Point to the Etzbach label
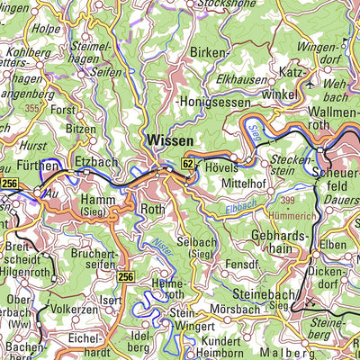click(96, 161)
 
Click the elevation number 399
click(286, 199)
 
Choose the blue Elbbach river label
click(240, 207)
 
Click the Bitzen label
click(81, 130)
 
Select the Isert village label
click(111, 300)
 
